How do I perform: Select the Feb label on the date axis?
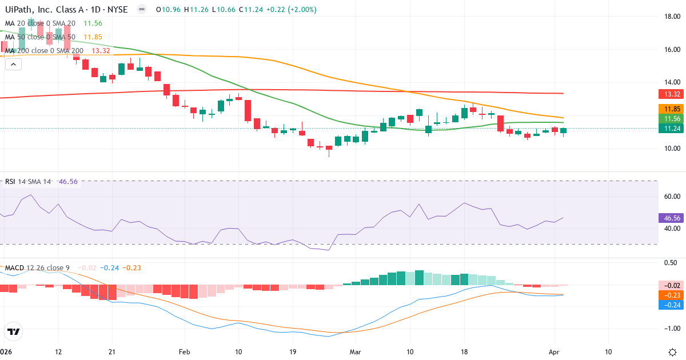(x=184, y=352)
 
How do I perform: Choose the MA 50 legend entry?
(x=40, y=37)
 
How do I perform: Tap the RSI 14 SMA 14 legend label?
(x=28, y=182)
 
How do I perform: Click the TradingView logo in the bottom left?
(x=14, y=331)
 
